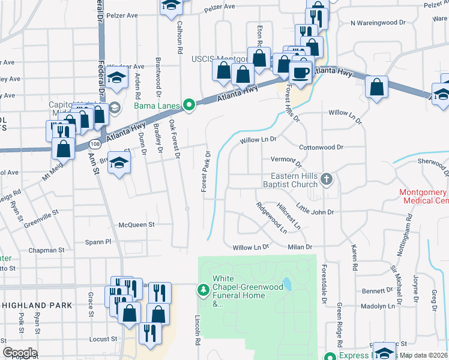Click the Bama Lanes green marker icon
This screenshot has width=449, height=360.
click(x=190, y=106)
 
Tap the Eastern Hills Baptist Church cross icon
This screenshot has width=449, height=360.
click(x=327, y=179)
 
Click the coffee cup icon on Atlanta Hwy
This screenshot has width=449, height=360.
click(x=301, y=73)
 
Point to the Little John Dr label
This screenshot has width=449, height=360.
click(x=315, y=212)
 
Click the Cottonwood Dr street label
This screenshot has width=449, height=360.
click(x=321, y=147)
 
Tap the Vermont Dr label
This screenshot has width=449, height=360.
click(x=286, y=160)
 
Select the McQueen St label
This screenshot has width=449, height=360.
click(x=137, y=224)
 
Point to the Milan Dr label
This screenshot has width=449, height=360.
click(x=301, y=247)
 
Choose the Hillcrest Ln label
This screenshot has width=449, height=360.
click(x=289, y=216)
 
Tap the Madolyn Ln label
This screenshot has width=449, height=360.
click(x=378, y=306)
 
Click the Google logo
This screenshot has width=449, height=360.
click(x=20, y=352)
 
